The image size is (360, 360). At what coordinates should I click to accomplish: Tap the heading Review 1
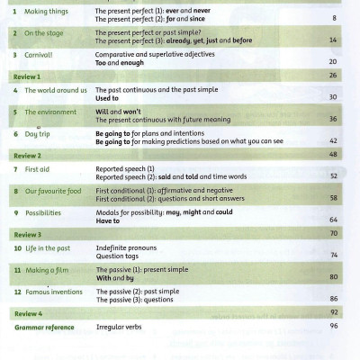(28, 76)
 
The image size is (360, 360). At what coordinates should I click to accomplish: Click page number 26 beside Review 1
(333, 76)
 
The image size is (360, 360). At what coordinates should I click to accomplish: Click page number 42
(333, 141)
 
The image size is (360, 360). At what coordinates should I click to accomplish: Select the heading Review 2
(28, 156)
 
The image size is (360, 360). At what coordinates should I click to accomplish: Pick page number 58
(333, 198)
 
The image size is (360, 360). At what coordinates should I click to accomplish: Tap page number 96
(333, 325)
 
